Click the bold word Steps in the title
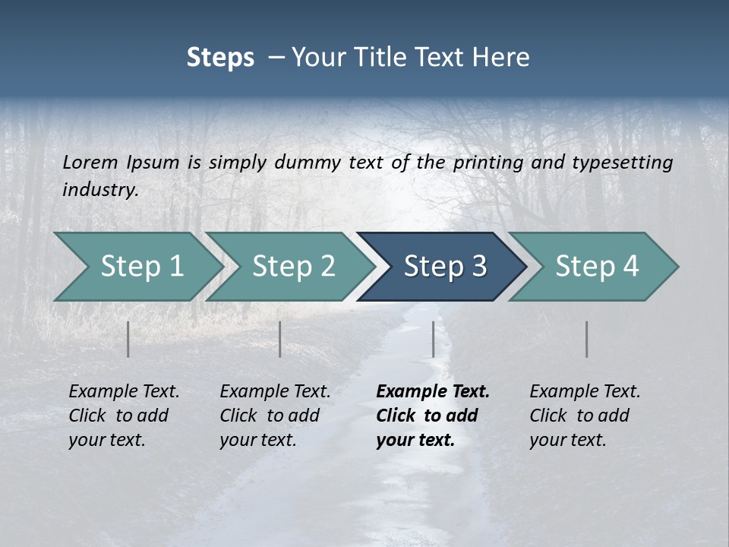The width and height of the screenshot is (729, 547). point(220,58)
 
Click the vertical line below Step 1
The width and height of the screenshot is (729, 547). point(128,339)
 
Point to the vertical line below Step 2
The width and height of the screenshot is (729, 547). point(280,339)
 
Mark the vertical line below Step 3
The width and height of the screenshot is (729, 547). point(434,339)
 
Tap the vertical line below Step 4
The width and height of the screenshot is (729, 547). point(587,339)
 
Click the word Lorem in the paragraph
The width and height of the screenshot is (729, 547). point(90,162)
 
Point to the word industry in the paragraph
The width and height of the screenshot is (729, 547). point(100,189)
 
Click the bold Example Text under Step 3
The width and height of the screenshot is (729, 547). point(433,391)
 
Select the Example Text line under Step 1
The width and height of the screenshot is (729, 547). point(124,391)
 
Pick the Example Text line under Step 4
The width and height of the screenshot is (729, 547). point(585,391)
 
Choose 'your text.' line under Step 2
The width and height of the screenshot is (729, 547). point(258,440)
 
